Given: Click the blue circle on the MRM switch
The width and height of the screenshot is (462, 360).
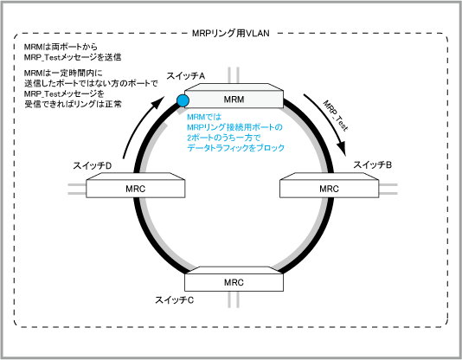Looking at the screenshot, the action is [183, 100].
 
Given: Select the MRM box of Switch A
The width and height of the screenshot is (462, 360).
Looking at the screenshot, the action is [234, 96].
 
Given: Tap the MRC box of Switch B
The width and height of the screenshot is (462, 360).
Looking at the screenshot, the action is [329, 185].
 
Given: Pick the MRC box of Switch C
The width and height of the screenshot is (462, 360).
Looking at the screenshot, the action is [234, 279].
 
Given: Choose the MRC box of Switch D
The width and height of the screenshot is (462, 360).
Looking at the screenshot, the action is [136, 185].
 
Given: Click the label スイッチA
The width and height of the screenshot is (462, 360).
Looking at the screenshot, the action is [186, 76].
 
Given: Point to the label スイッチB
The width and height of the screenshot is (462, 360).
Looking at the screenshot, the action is [372, 164].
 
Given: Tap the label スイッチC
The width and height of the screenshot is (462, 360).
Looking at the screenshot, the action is [175, 300].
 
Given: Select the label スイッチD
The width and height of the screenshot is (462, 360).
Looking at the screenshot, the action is [93, 166].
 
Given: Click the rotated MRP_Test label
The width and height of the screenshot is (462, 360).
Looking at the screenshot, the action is [336, 116].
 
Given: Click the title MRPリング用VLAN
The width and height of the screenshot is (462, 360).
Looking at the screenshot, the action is [231, 33].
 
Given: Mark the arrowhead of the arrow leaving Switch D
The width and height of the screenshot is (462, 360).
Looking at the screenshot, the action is [158, 101].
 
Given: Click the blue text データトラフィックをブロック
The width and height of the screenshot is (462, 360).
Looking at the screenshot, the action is [235, 148].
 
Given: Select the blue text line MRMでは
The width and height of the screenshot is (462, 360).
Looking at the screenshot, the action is [204, 117].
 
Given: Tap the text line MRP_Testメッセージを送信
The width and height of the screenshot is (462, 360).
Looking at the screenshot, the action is [73, 57].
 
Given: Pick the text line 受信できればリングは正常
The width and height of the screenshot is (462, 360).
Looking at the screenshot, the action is [73, 104].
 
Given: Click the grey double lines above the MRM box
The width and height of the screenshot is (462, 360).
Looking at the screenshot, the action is [234, 75].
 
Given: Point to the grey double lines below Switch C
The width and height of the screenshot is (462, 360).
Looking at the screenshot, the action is [234, 299].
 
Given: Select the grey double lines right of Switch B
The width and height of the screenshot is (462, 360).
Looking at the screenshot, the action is [388, 189].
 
